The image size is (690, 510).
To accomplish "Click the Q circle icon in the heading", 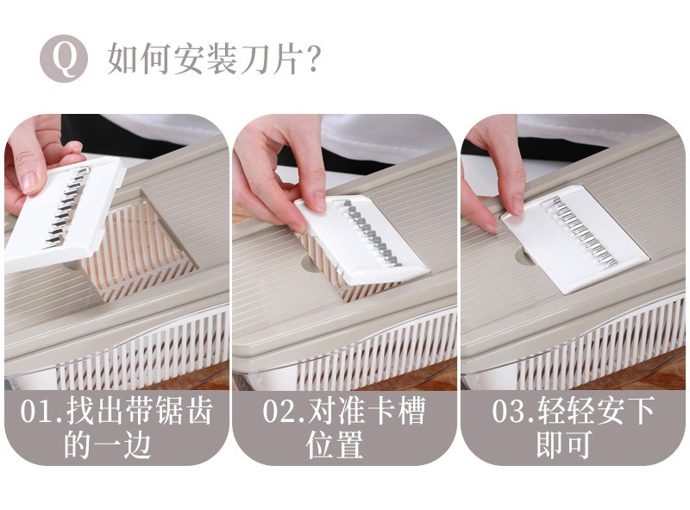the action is point(64,59).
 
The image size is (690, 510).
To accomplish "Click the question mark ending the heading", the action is point(313,59).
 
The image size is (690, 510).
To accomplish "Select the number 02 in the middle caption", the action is point(279,412).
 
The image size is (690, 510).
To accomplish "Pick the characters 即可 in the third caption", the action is point(564,445).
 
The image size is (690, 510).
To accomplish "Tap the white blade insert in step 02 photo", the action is point(360,238).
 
